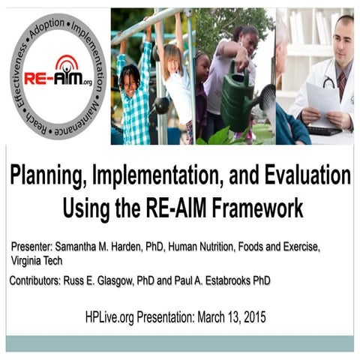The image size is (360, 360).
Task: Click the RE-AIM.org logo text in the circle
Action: click(x=56, y=78)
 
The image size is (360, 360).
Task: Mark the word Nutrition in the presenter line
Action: click(x=230, y=247)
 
